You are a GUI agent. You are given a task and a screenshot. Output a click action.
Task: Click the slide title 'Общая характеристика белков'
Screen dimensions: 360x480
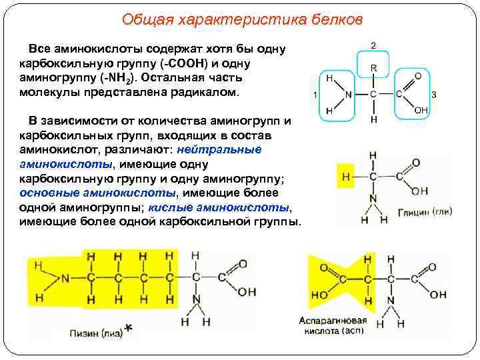(243, 19)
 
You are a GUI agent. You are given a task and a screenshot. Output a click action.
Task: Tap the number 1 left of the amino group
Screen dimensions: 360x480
(315, 95)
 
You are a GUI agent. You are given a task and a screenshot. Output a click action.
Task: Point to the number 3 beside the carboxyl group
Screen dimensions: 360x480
(434, 95)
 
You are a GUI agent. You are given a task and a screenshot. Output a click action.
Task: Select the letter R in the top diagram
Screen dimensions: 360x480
(373, 68)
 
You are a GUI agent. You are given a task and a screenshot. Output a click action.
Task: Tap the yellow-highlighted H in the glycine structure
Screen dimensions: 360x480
(345, 177)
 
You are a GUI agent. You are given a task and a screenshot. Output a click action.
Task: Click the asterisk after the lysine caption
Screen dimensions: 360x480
(129, 329)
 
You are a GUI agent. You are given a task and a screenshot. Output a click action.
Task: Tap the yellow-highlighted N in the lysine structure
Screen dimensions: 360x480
(65, 278)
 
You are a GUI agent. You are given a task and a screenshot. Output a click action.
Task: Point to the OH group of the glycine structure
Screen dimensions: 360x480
(419, 192)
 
